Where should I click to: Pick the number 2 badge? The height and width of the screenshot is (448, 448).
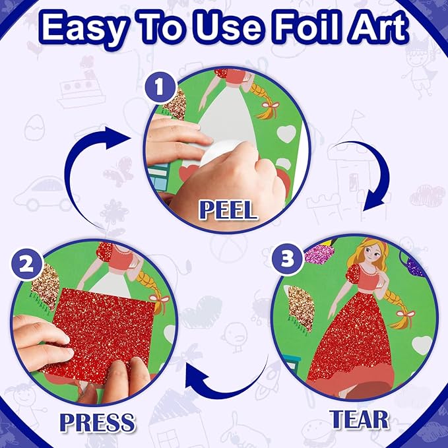click(22, 264)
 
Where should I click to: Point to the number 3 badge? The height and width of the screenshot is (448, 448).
click(288, 258)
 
